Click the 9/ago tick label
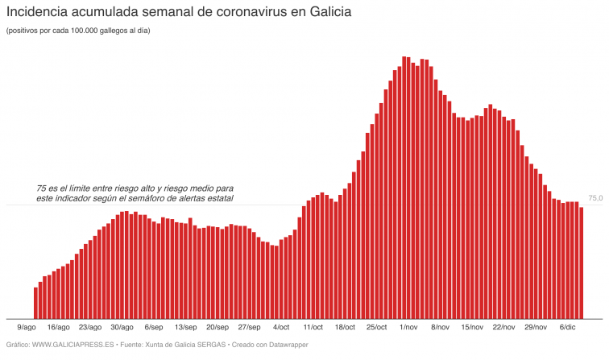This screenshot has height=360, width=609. [27, 328]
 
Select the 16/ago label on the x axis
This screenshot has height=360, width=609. [58, 328]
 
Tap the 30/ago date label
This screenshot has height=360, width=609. [121, 328]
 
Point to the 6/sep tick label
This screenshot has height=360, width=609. [154, 328]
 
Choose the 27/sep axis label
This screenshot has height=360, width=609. [249, 328]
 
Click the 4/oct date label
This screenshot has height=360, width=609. [281, 328]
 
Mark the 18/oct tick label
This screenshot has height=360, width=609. [345, 328]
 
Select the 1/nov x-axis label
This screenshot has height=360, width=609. [408, 328]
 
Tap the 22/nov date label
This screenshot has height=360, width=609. [503, 328]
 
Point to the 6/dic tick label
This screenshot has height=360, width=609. [567, 328]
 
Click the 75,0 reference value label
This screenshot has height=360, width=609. [596, 198]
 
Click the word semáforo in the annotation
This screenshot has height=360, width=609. [172, 198]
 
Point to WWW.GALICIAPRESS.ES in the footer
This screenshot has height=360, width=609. [72, 345]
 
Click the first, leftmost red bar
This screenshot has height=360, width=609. [35, 303]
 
